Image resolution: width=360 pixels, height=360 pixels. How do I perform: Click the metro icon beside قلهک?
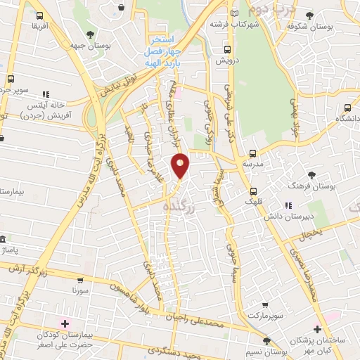[254, 191]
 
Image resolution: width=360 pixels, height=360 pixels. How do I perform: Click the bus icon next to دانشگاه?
[348, 108]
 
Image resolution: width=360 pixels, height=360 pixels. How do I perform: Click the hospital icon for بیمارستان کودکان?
[65, 323]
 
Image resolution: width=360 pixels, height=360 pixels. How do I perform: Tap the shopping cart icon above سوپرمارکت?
[264, 304]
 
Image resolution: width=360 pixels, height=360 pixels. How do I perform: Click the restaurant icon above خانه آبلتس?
[46, 94]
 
